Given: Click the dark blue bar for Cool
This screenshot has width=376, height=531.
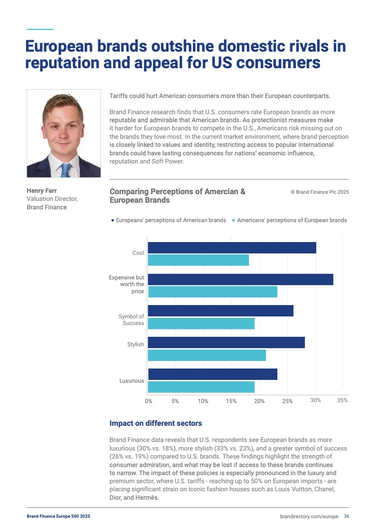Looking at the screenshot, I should [x=232, y=247].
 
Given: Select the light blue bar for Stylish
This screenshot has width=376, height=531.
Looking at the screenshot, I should [x=207, y=355].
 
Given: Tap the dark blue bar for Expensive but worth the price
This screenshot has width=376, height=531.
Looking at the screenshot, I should [x=240, y=279].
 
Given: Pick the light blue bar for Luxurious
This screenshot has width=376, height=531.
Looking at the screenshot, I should [x=201, y=387].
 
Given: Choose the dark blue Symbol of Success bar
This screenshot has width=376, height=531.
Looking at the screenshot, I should [x=220, y=311].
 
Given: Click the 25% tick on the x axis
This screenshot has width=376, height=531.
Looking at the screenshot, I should [x=287, y=401].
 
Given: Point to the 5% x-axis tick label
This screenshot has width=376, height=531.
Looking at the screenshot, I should [x=175, y=401].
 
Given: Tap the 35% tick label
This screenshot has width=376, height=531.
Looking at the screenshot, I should [x=342, y=400].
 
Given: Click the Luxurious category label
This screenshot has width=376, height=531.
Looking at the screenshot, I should [x=131, y=380].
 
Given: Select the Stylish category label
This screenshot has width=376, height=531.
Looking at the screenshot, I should [x=136, y=344].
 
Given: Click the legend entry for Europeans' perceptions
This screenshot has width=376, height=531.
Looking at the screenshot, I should [x=168, y=220].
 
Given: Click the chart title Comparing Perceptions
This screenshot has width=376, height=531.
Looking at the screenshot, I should [x=177, y=196].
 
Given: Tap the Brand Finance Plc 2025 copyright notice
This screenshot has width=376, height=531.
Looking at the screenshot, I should [x=320, y=192].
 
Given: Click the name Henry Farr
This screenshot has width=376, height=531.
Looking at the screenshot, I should [x=42, y=191].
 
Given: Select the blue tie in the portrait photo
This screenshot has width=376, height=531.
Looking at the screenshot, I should [x=65, y=169].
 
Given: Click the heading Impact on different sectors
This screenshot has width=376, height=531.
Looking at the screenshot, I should [x=156, y=423].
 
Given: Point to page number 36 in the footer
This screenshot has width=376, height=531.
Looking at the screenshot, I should [x=347, y=516].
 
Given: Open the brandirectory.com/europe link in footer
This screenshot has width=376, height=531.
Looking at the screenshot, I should [x=309, y=516].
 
